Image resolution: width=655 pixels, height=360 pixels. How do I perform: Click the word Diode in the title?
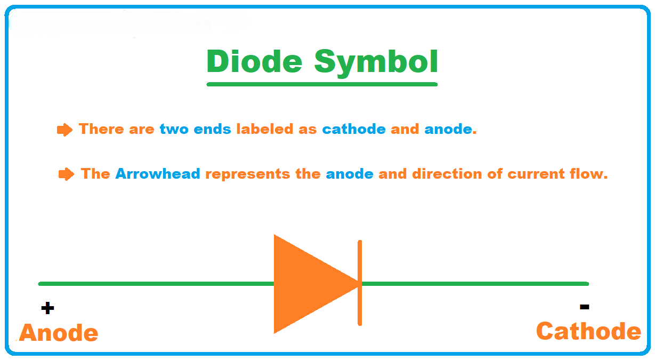(254, 61)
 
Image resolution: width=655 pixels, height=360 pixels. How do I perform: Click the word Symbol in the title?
(376, 63)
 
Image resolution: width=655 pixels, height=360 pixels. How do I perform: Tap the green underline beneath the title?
(322, 84)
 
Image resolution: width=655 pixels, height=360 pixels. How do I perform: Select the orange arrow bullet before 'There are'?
(64, 130)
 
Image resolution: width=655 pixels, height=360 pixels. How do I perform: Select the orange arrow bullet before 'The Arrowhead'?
(67, 174)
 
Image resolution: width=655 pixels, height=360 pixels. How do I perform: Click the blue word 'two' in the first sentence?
(174, 129)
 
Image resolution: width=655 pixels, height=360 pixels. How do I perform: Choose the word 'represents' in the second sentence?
(248, 174)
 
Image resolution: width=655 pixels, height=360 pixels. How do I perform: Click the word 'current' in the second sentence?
(536, 174)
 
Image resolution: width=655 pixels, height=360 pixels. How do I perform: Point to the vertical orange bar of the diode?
(360, 283)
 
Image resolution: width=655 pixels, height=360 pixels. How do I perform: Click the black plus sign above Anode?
(47, 308)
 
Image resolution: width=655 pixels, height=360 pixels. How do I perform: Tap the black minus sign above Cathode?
(585, 307)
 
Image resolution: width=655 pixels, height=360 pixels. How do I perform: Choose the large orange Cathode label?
(588, 331)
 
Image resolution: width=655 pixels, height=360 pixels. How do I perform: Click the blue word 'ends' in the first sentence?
(212, 129)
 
